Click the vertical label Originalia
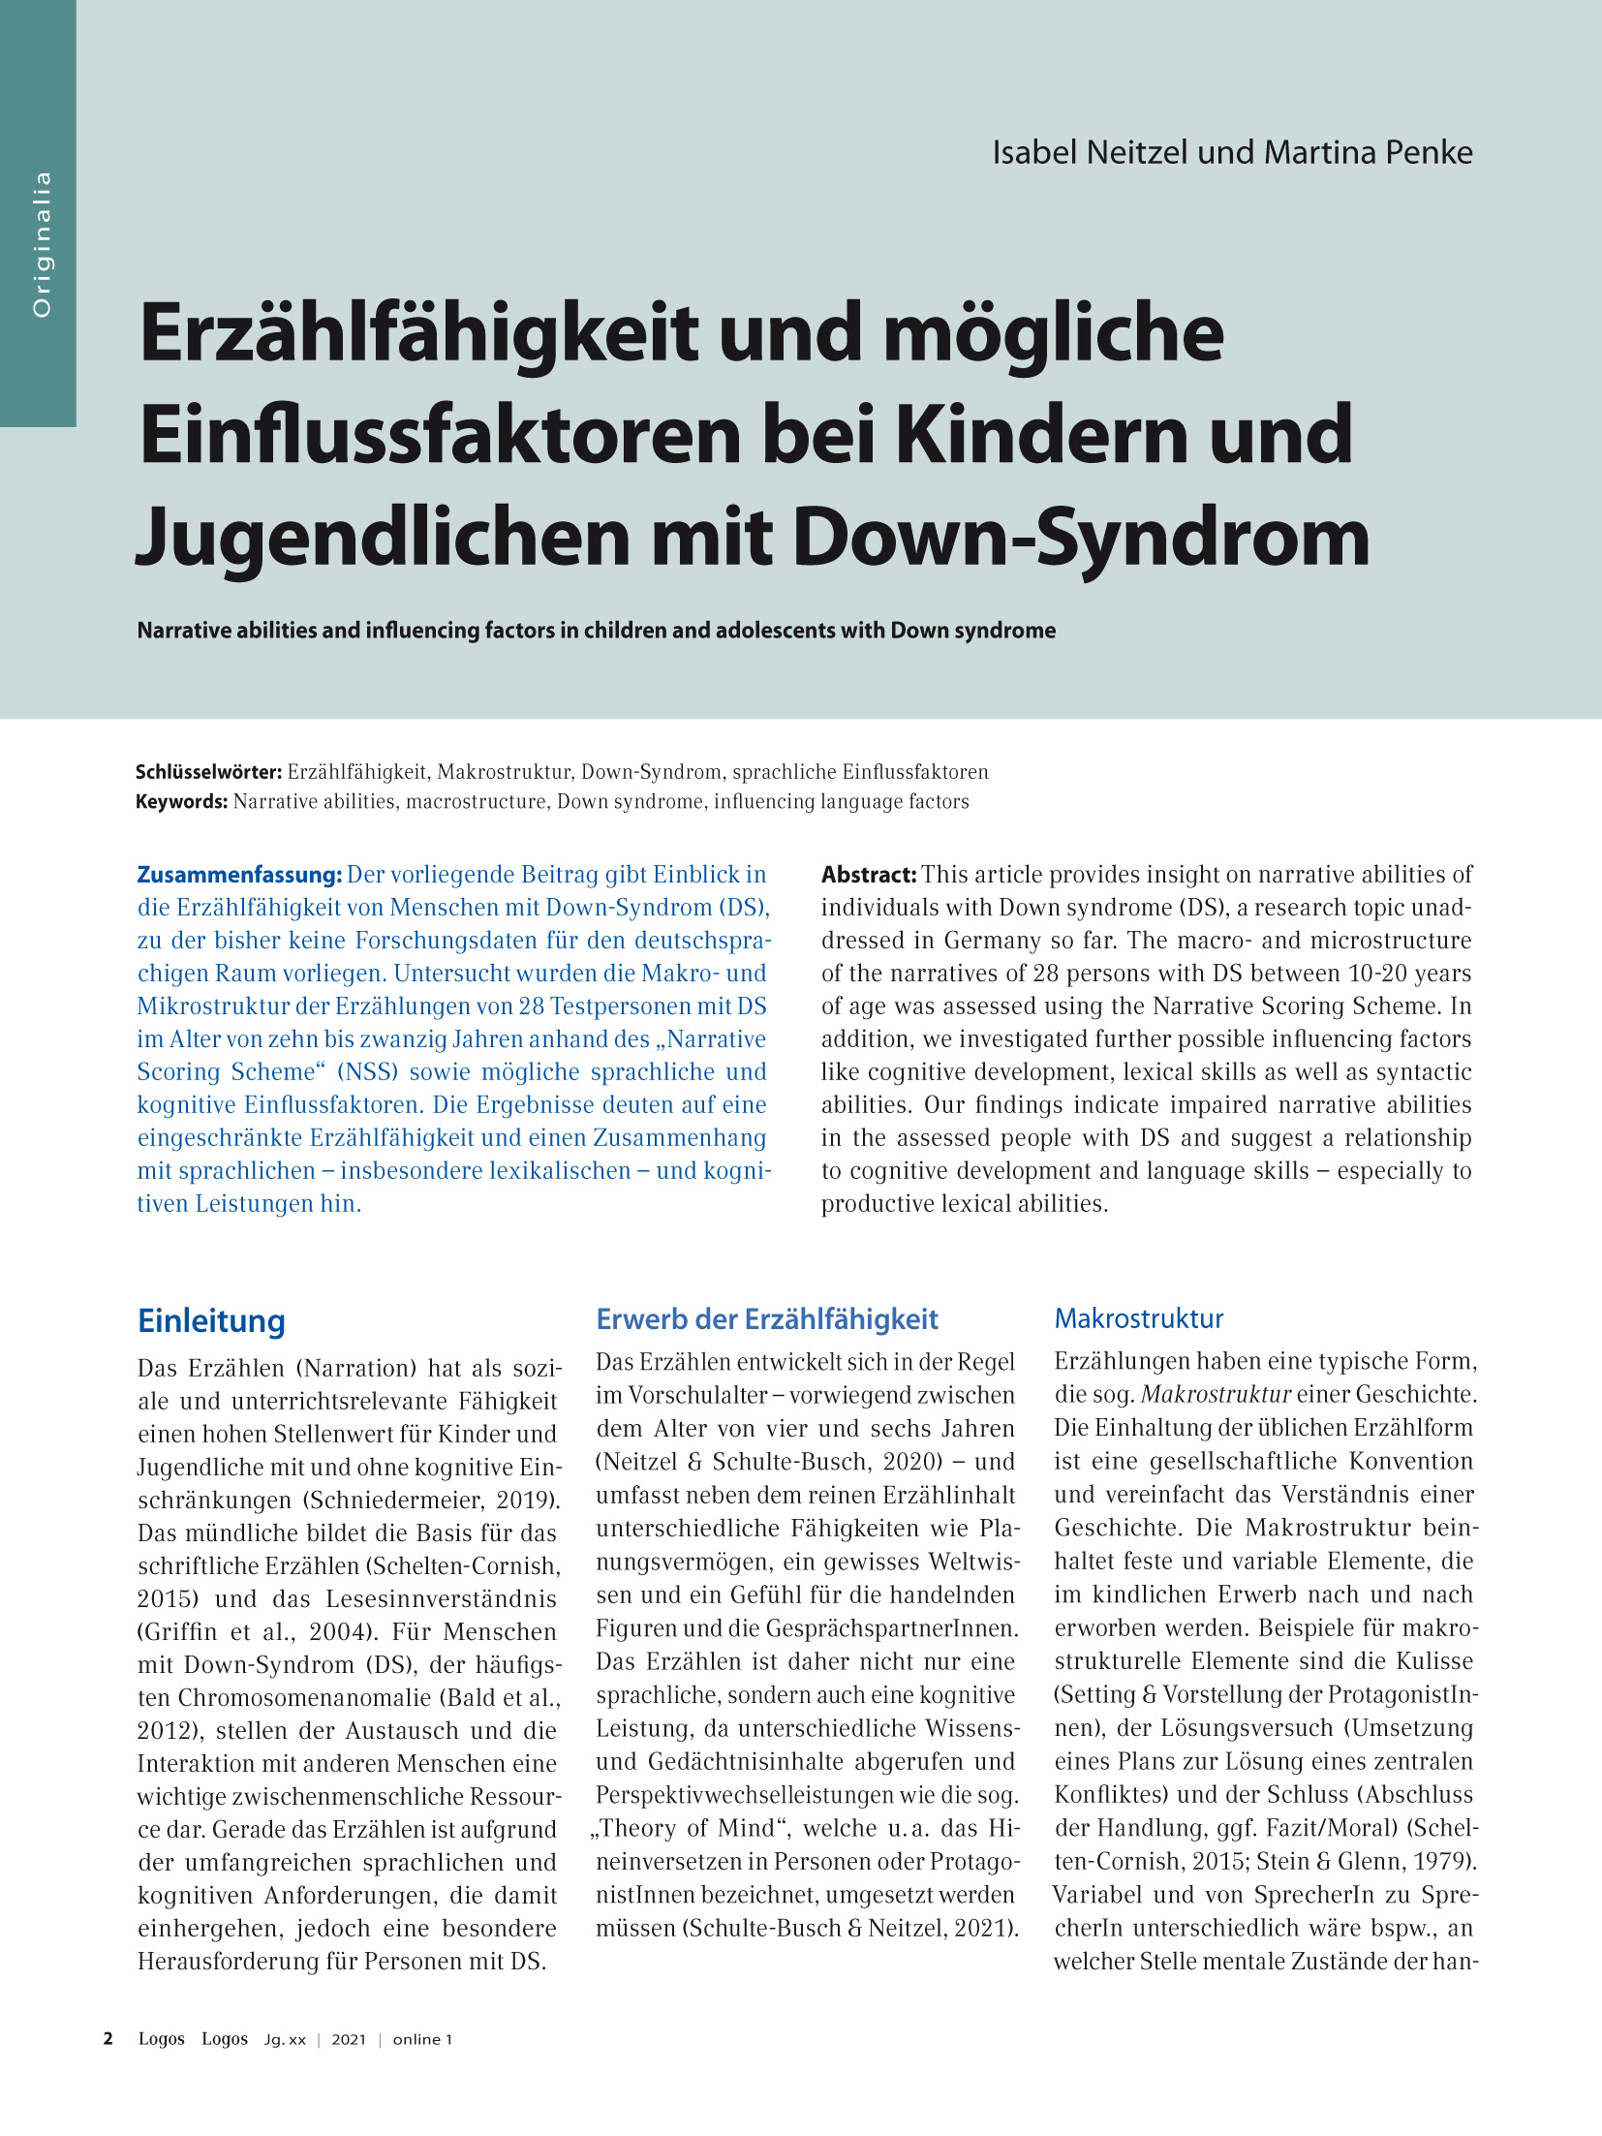[41, 244]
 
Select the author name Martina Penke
[1368, 153]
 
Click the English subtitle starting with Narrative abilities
[596, 631]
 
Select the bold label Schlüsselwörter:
[208, 772]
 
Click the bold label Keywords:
[181, 801]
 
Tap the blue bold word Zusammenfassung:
[239, 875]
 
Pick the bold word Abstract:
[869, 875]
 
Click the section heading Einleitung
[211, 1321]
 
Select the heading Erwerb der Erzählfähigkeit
[767, 1319]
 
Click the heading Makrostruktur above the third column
[1139, 1318]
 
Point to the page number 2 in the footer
[108, 2038]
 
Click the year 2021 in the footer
[349, 2039]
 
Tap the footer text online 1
[422, 2039]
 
